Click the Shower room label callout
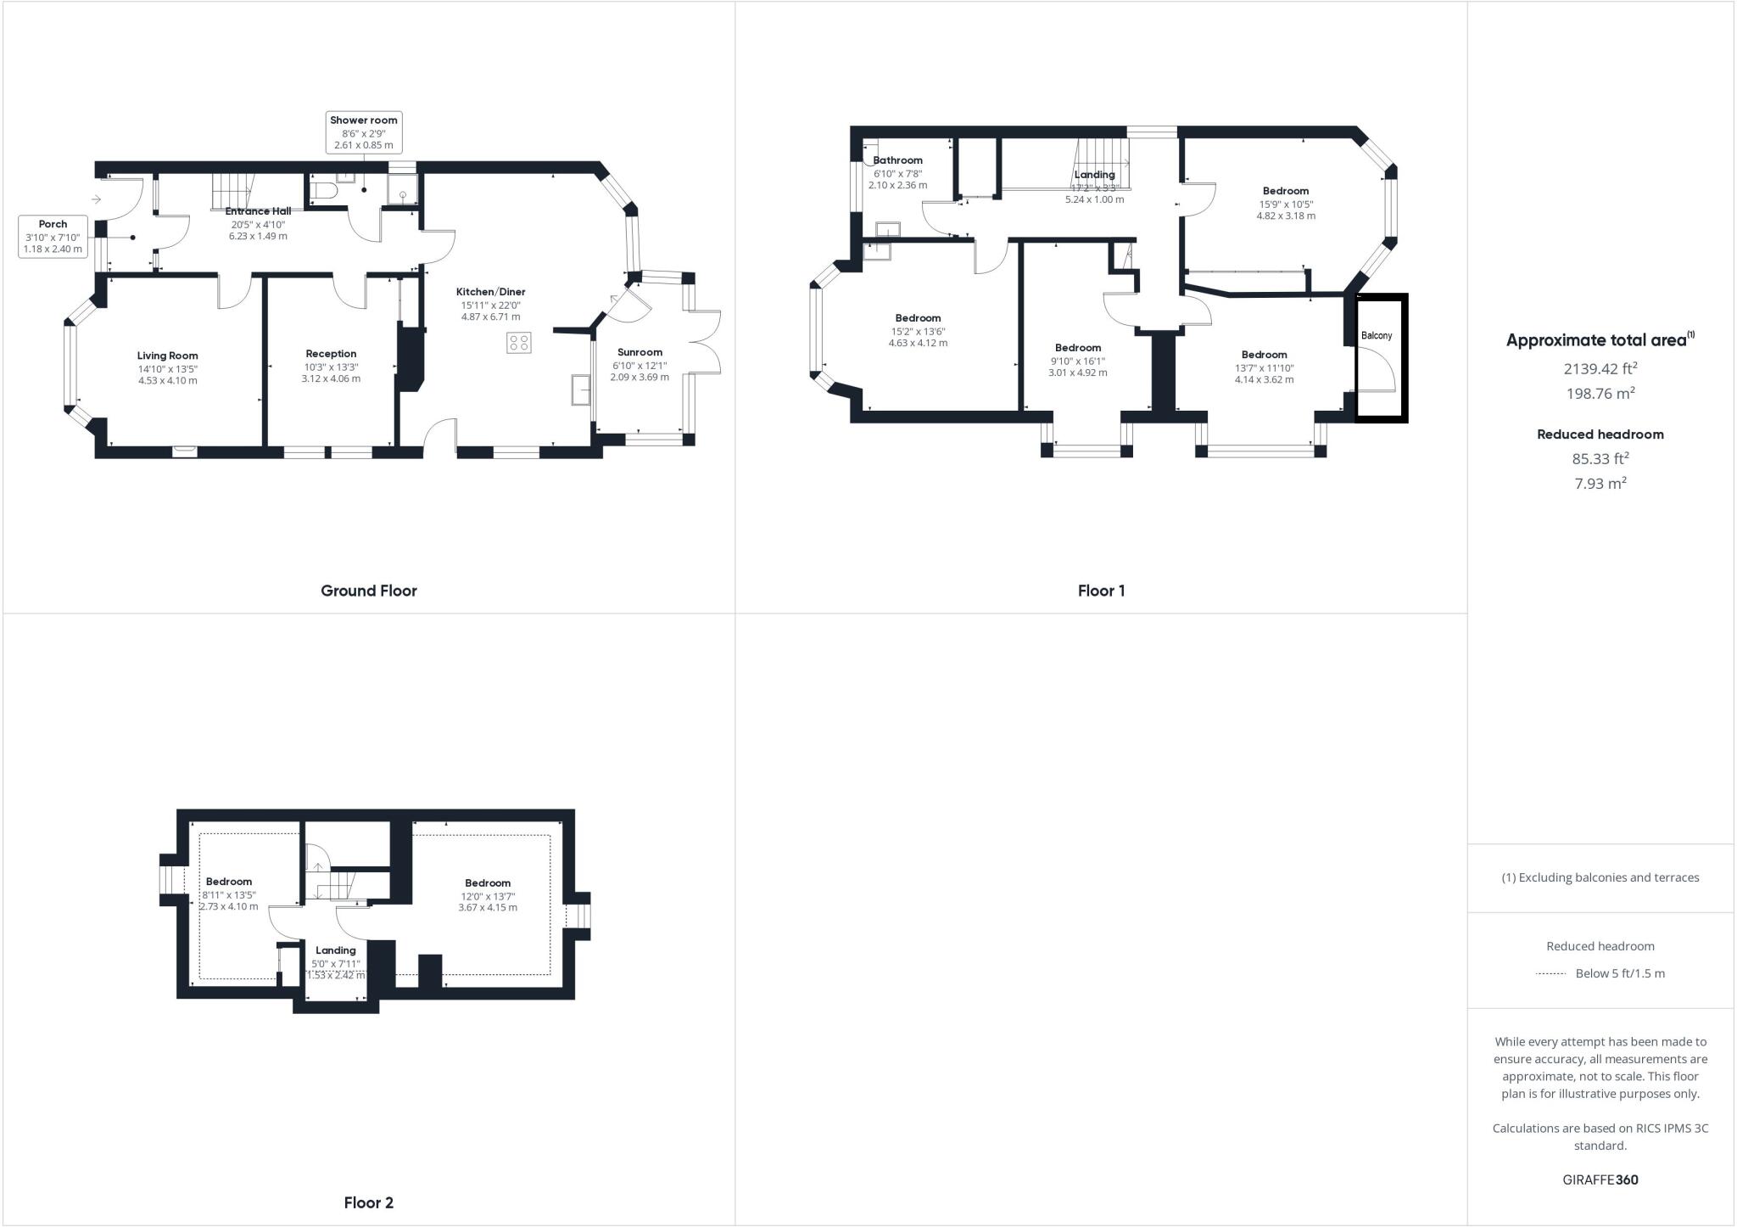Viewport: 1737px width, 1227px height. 363,132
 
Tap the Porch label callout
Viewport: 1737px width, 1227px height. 53,237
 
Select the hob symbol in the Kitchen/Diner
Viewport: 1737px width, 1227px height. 519,343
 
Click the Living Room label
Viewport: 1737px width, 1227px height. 168,356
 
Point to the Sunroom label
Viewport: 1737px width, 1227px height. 640,352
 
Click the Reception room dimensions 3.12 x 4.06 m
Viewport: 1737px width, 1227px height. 331,378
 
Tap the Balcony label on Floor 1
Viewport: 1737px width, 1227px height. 1376,336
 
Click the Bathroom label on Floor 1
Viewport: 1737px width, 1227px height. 897,160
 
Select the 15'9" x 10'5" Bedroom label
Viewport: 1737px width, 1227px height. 1285,192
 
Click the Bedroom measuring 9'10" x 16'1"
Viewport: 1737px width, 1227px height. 1077,348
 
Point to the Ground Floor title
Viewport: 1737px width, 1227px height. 368,591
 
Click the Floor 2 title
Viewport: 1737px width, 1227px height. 368,1202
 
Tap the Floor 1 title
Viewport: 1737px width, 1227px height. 1101,591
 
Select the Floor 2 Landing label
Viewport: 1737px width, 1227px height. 335,950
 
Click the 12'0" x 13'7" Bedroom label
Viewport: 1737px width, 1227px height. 488,883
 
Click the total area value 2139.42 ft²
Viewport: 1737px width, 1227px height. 1600,368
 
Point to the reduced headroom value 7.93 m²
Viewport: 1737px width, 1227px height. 1600,484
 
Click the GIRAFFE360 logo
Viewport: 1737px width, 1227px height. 1600,1179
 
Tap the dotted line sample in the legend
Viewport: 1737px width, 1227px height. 1550,973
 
